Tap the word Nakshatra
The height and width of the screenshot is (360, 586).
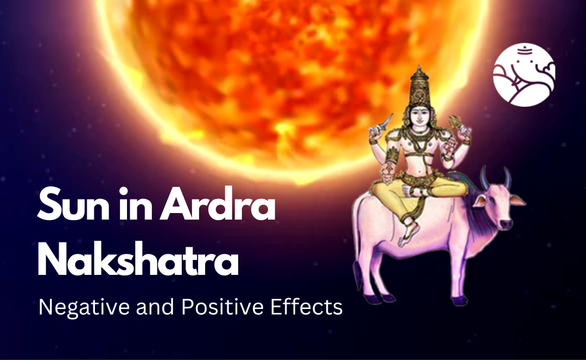point(138,261)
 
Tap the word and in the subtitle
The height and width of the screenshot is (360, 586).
point(150,307)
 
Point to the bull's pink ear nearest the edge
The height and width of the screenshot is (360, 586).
point(518,200)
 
